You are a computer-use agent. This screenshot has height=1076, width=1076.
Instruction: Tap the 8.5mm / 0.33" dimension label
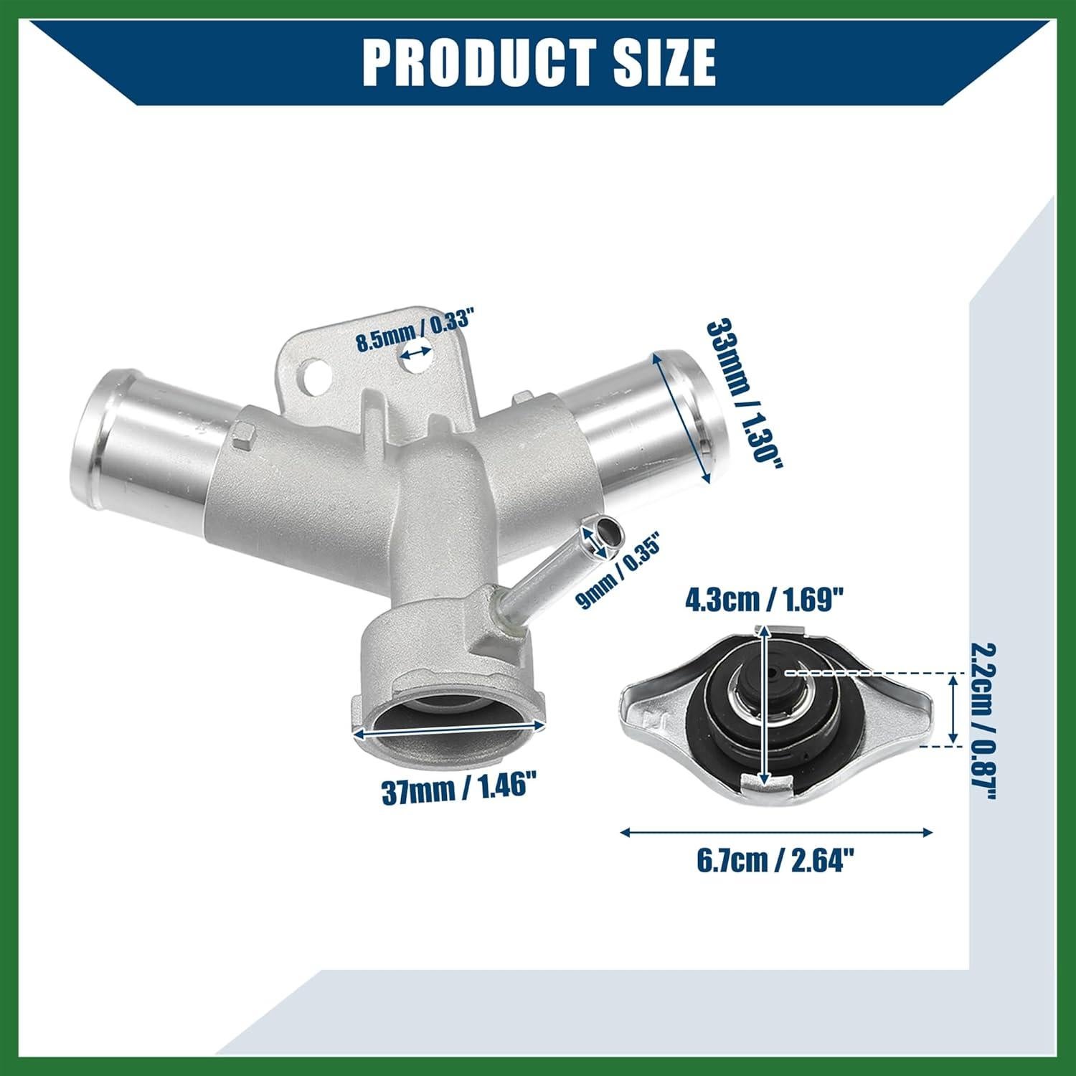click(417, 329)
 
